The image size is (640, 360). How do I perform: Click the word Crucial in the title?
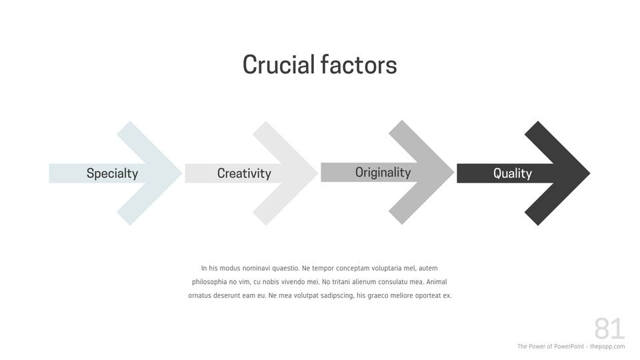279,65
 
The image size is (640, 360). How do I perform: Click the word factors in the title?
359,65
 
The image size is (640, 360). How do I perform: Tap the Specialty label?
112,173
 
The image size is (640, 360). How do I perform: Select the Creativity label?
244,173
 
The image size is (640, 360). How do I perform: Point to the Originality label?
383,173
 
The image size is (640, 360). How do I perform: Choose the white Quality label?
513,173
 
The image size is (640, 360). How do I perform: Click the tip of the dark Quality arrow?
590,173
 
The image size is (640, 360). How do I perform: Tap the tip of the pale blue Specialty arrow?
181,173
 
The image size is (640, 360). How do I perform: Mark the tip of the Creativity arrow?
317,173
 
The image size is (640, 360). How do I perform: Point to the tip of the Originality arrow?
454,172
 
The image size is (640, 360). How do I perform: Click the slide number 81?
609,329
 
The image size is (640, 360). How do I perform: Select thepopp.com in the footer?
607,347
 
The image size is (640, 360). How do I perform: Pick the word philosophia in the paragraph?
209,282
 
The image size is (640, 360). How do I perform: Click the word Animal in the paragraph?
437,281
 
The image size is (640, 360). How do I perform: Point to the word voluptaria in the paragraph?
387,268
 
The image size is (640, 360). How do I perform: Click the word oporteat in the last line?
428,295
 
